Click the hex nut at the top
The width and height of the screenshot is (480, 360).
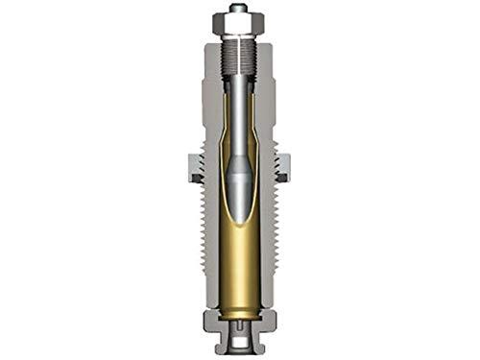point(237,20)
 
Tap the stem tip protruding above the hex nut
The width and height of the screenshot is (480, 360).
point(237,8)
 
